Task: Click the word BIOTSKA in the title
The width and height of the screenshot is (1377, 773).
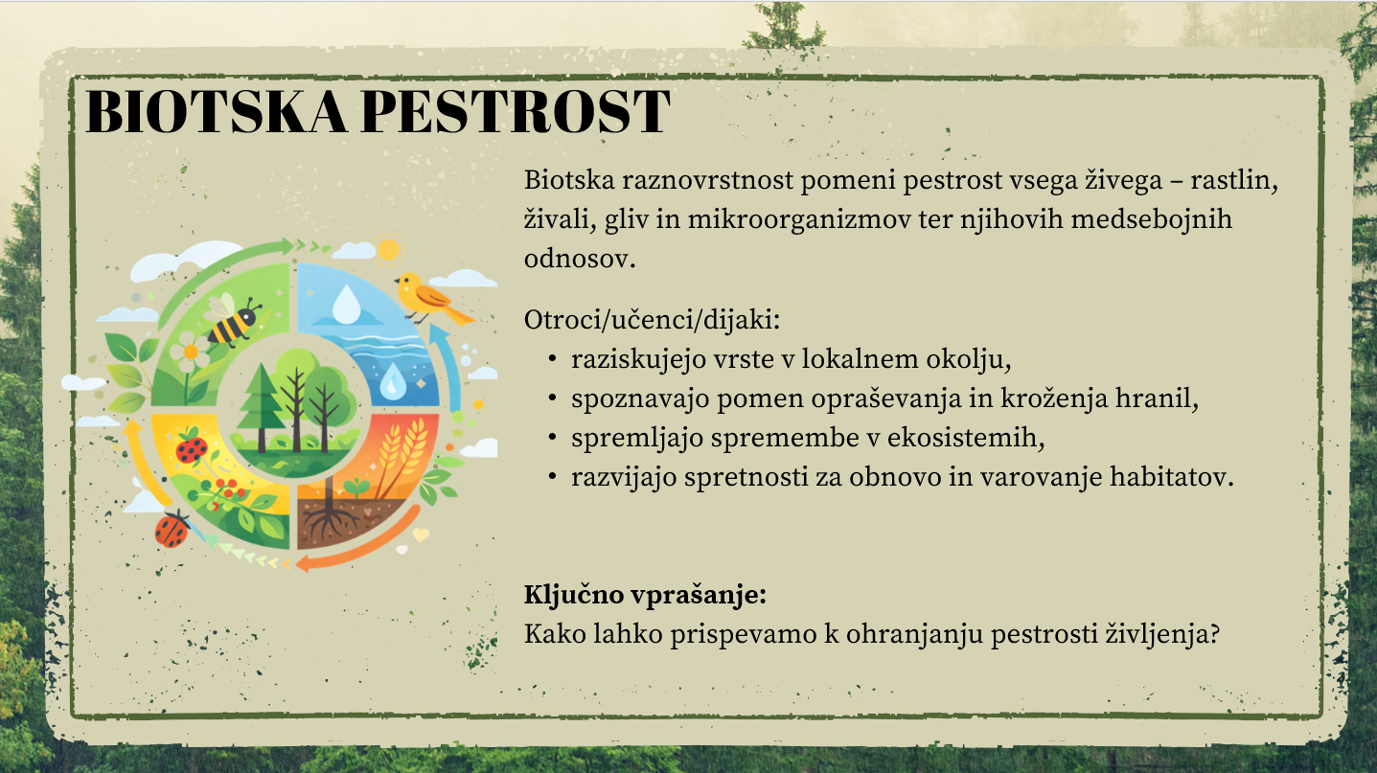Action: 216,111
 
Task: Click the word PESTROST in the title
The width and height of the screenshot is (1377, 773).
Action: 516,111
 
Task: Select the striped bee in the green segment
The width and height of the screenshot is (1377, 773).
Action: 234,322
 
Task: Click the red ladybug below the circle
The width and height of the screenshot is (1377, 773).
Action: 172,529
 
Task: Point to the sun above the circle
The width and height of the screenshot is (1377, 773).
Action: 388,250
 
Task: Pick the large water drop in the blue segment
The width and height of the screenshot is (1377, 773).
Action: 346,304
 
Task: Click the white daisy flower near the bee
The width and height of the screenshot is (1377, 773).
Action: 190,352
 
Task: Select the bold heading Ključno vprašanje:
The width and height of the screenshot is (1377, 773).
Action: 645,595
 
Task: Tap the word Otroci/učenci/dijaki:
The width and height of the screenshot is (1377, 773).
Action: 652,320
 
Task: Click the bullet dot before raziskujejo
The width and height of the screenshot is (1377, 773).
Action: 552,359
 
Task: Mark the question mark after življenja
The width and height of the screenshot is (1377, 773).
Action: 1213,633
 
